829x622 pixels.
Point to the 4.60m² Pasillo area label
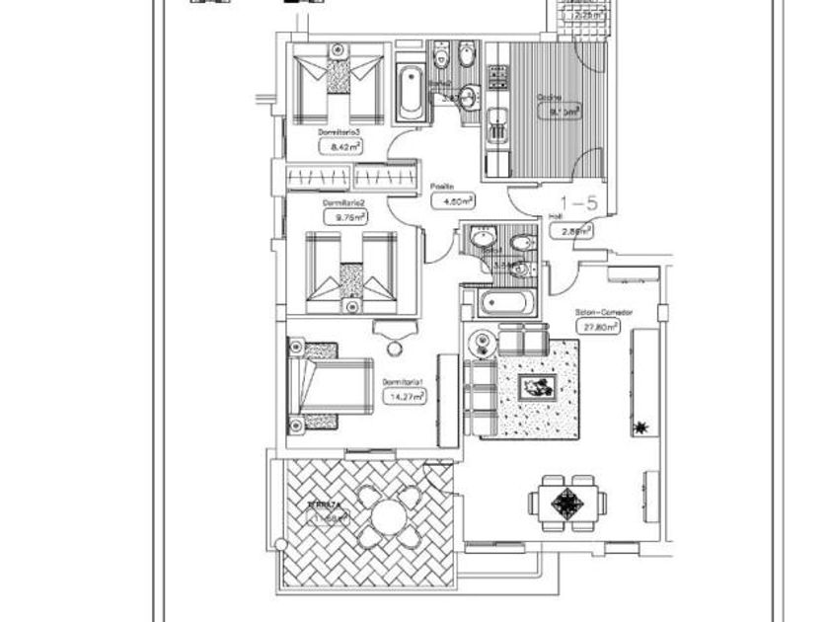[454, 200]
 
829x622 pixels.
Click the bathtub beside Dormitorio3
[412, 92]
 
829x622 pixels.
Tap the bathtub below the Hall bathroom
[503, 303]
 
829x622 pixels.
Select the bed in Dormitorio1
[315, 386]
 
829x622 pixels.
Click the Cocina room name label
[549, 97]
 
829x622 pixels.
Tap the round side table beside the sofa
[482, 343]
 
